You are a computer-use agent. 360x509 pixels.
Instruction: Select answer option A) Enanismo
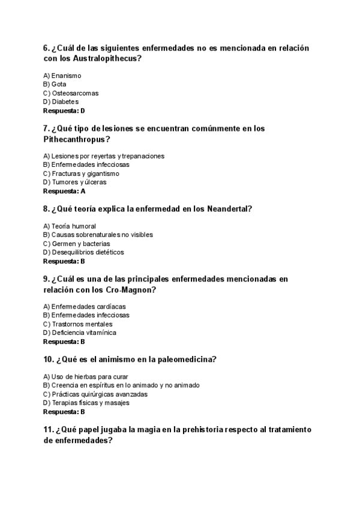click(62, 76)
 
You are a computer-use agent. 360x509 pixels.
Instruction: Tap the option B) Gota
click(55, 85)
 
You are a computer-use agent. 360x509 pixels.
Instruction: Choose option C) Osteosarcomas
click(71, 93)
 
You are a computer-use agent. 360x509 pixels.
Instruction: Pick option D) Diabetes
click(61, 102)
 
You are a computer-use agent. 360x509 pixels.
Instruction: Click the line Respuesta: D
click(64, 110)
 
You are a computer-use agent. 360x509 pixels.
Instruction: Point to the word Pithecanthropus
click(77, 139)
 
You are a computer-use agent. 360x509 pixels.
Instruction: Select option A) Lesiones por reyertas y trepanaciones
click(104, 156)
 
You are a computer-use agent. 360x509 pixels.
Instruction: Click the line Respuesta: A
click(64, 191)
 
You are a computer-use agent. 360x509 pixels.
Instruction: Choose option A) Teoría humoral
click(70, 226)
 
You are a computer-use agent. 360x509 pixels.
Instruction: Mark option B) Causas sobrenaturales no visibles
click(98, 235)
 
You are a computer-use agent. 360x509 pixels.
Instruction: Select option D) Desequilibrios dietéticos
click(83, 252)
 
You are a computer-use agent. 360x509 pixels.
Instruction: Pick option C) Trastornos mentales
click(78, 324)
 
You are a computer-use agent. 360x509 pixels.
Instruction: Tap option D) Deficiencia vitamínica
click(80, 333)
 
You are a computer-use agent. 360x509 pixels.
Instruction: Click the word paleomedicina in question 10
click(185, 360)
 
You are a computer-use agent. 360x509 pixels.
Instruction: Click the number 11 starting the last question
click(48, 430)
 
